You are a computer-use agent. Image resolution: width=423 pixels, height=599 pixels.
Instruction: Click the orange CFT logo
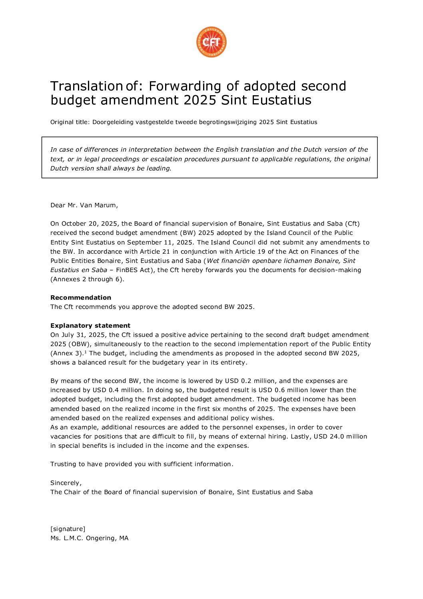(x=211, y=42)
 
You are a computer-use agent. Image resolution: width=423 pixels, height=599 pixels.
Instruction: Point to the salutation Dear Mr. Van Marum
(x=84, y=205)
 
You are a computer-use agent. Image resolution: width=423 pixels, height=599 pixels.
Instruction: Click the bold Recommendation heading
(x=81, y=298)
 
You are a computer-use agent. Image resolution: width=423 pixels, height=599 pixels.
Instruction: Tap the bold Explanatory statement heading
(x=90, y=326)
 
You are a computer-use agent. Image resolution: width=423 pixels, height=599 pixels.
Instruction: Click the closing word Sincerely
(x=66, y=483)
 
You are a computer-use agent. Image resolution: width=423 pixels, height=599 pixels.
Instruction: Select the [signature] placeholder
(x=68, y=529)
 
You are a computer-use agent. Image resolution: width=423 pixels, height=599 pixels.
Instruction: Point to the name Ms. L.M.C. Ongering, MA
(x=90, y=538)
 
